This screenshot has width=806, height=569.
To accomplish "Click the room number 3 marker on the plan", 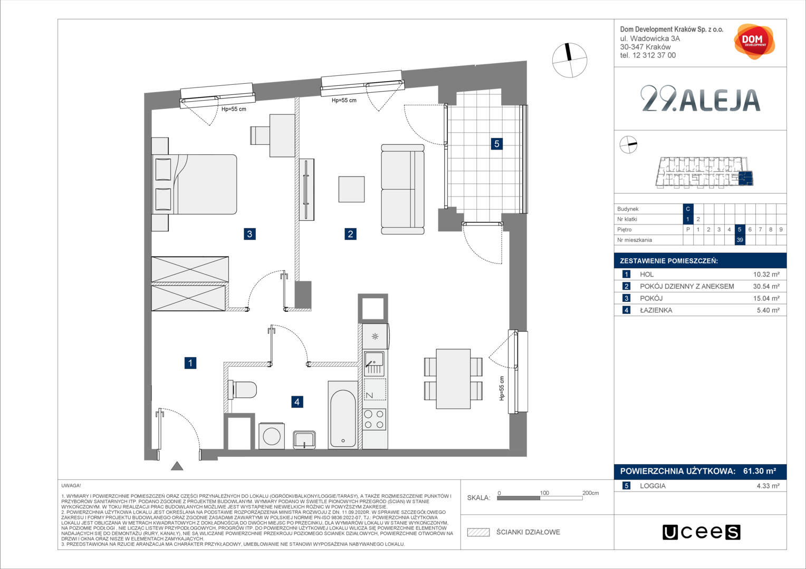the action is pos(250,234).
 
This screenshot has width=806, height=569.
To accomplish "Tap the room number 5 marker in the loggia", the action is pos(496,144).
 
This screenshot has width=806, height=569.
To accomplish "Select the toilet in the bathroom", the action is pos(243,390).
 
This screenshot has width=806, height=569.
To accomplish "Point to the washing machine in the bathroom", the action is pos(272,436).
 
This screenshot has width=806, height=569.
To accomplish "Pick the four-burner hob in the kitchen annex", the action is pos(374,419).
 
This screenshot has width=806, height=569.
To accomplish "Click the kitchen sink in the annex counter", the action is pos(374,364).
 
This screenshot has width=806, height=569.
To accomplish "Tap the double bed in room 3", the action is pos(194,184).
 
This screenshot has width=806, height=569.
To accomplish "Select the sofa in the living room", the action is pos(402,189).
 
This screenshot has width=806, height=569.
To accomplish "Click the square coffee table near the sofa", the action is pos(351,189).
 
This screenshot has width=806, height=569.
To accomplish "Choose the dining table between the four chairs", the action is pos(453,378).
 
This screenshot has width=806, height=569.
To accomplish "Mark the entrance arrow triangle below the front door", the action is pos(177,466).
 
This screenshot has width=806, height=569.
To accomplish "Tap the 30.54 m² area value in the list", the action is pos(766,287).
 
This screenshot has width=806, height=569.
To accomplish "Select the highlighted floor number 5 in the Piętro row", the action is pos(740,229).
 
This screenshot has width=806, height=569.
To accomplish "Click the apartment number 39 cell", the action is pos(740,240).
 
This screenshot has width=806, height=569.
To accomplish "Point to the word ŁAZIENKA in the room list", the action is pos(656,310).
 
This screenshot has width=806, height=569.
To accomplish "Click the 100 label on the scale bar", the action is pos(544,493).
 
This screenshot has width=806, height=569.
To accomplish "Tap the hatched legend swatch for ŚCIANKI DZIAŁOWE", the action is pos(478,532).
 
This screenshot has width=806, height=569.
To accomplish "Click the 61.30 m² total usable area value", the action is pos(760,471).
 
